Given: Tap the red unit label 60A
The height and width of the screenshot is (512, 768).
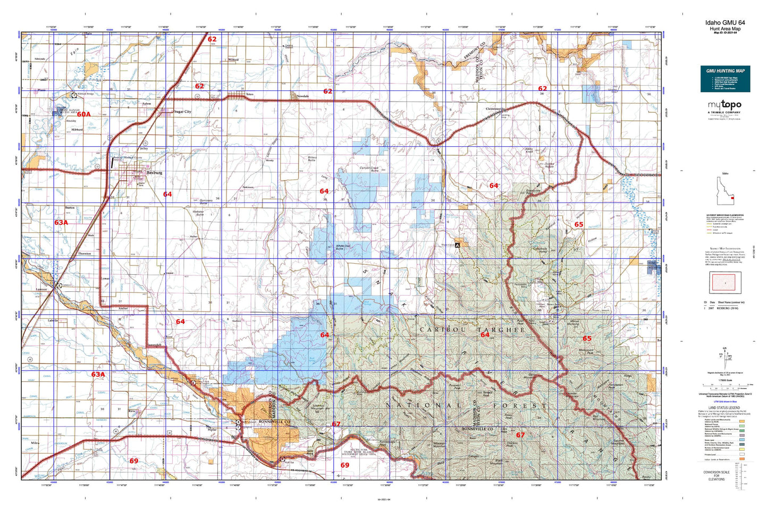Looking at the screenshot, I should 83,114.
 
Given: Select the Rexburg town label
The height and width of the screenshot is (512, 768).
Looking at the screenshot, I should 154,173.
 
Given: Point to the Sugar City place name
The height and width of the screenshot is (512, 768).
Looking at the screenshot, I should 182,112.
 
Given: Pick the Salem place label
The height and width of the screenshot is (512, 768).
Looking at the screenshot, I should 147,104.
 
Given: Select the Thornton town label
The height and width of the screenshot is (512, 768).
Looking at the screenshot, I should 85,254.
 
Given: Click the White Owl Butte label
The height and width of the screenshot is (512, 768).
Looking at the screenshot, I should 343,247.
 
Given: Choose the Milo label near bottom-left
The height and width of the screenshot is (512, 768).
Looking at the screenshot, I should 35,443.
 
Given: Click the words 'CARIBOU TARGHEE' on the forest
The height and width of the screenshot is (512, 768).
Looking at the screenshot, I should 472,330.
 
